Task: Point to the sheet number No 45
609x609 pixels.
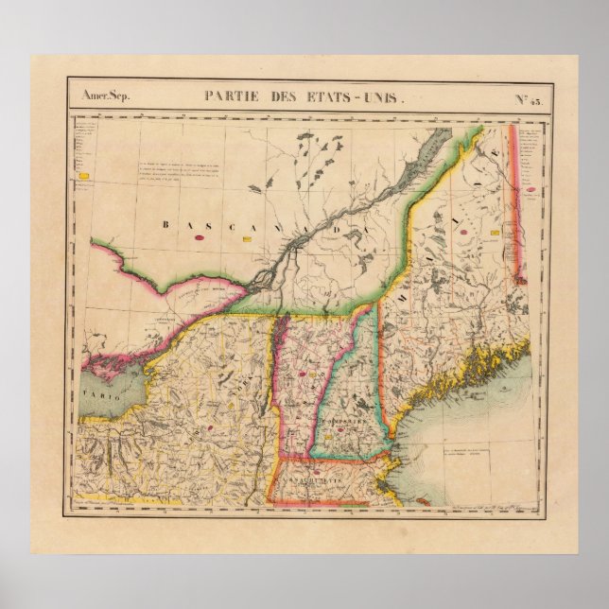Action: [526, 97]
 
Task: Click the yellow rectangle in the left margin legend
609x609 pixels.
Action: [86, 177]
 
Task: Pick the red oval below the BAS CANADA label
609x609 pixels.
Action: [200, 239]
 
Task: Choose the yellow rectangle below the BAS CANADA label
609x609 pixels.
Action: [248, 240]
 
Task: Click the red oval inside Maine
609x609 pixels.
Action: [467, 255]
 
